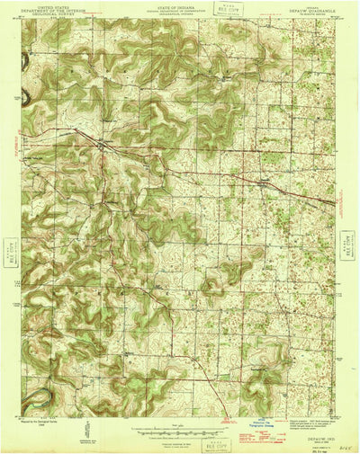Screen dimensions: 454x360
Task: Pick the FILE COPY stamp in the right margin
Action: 347,243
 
